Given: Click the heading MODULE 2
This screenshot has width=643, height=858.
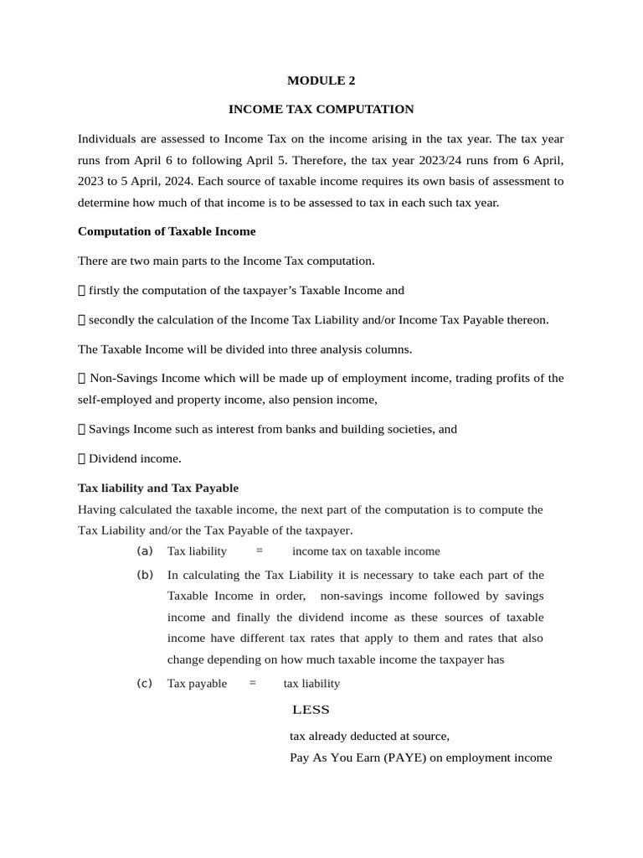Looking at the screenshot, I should tap(321, 80).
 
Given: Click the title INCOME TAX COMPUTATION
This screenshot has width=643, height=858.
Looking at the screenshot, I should tap(321, 109).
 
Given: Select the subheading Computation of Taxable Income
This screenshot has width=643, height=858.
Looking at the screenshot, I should tap(167, 230).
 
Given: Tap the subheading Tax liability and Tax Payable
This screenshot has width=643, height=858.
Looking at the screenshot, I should tap(158, 488).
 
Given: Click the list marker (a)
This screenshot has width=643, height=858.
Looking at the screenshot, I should tap(145, 550).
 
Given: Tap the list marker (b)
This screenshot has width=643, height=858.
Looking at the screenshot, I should tap(145, 575).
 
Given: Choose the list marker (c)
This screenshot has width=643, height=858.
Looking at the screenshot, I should tap(145, 683).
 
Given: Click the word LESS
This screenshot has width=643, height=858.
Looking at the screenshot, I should tap(311, 710).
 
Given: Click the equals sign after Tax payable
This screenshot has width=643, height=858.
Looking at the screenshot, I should tap(253, 683).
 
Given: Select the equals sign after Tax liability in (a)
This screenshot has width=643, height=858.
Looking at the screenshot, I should tap(260, 550).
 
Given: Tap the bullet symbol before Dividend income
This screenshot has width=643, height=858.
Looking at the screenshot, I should tap(81, 458).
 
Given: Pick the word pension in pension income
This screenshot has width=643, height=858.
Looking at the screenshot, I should tap(305, 400).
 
